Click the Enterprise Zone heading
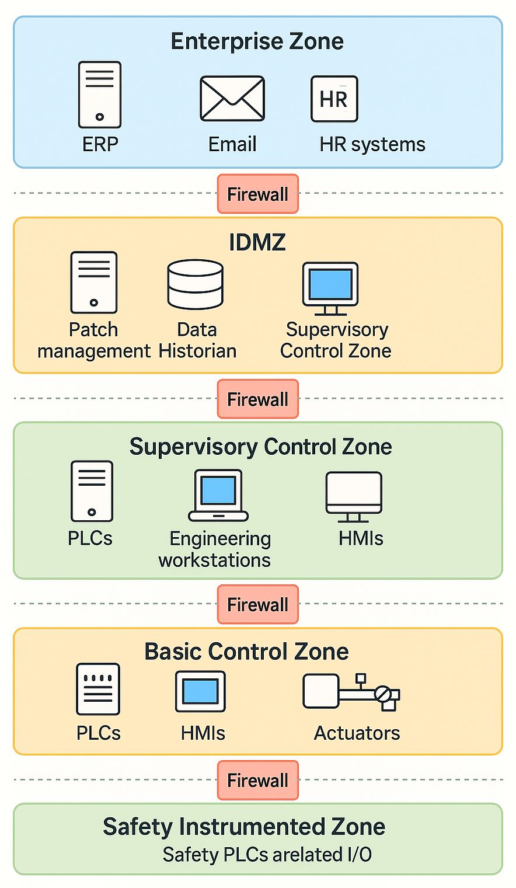point(257,42)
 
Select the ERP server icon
point(100,95)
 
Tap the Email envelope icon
point(232,99)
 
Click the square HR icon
point(334,99)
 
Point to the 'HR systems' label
point(372,144)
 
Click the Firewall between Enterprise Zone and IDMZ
point(257,194)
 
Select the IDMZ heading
point(257,242)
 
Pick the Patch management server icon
point(93,283)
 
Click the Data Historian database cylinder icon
point(196,284)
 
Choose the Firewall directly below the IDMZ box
point(257,399)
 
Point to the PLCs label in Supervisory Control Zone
point(90,538)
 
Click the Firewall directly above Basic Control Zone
point(257,604)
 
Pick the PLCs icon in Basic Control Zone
point(98,689)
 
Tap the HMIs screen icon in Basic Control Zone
point(200,691)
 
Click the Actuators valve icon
point(351,692)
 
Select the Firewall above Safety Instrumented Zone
point(257,780)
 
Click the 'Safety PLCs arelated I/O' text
point(267,855)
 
